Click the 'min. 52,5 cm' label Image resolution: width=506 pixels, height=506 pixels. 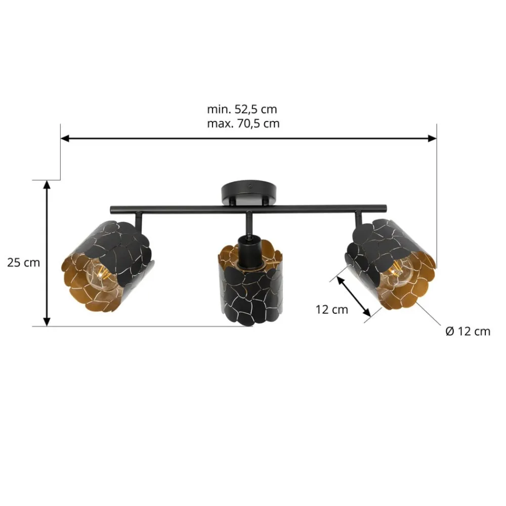coord(242,109)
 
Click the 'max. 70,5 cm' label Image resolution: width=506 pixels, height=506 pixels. coord(243,123)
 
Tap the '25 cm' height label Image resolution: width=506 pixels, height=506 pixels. coord(24,263)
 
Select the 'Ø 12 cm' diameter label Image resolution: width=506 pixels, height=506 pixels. coord(468,331)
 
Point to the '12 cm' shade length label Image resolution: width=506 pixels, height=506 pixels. coord(332,310)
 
